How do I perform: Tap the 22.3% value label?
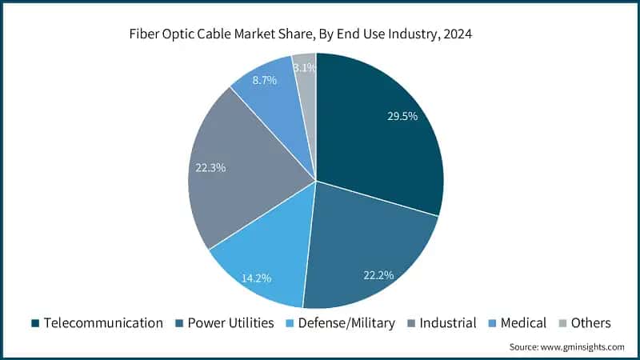[x=210, y=168]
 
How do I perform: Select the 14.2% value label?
[x=256, y=278]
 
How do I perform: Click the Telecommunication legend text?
[x=103, y=323]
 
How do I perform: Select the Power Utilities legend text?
[x=231, y=323]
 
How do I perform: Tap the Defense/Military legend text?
[x=346, y=323]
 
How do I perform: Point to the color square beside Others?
[x=562, y=323]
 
